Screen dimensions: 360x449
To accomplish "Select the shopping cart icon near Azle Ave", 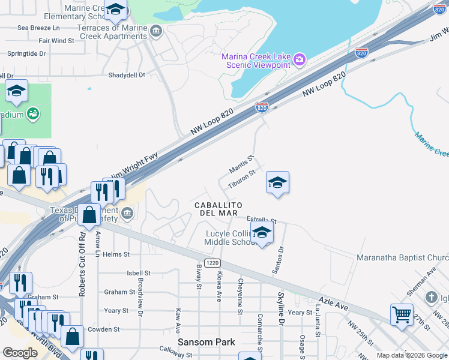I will click(x=402, y=313).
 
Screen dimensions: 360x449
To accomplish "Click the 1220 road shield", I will click(x=211, y=262).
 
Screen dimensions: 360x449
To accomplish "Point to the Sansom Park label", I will click(x=206, y=342).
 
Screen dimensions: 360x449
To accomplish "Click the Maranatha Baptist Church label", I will click(x=403, y=258).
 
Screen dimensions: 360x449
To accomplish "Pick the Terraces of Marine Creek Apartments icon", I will click(x=156, y=31).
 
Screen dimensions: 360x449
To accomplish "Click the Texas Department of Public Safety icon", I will click(x=127, y=213).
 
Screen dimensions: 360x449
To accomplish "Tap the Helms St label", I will click(x=116, y=254).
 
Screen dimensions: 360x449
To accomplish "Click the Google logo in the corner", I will click(x=20, y=353).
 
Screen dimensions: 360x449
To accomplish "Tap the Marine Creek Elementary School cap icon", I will click(x=115, y=10).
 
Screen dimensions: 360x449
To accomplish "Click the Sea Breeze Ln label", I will click(x=39, y=28).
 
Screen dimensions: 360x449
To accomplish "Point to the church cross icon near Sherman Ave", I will click(x=431, y=297).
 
